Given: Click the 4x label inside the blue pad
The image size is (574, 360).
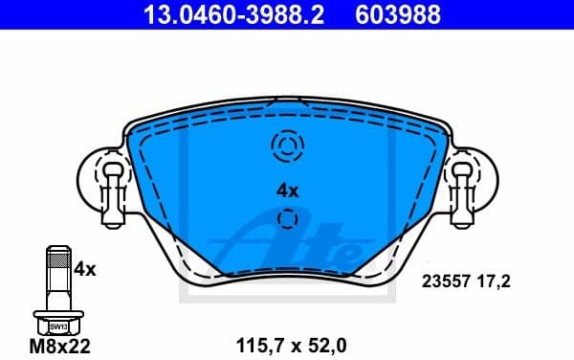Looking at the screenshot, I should pos(287,191).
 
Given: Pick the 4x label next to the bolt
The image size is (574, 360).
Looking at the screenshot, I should pos(85,270).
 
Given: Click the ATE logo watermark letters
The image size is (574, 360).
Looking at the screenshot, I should pos(287,244).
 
